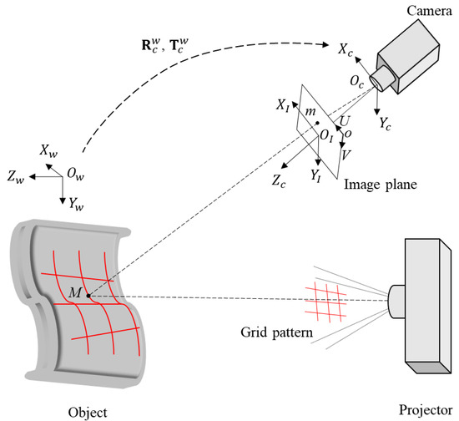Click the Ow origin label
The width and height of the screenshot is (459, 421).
[75, 173]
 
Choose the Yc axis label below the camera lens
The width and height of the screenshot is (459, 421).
[386, 124]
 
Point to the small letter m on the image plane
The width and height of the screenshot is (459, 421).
[310, 111]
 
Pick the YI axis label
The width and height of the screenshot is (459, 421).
[316, 175]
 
